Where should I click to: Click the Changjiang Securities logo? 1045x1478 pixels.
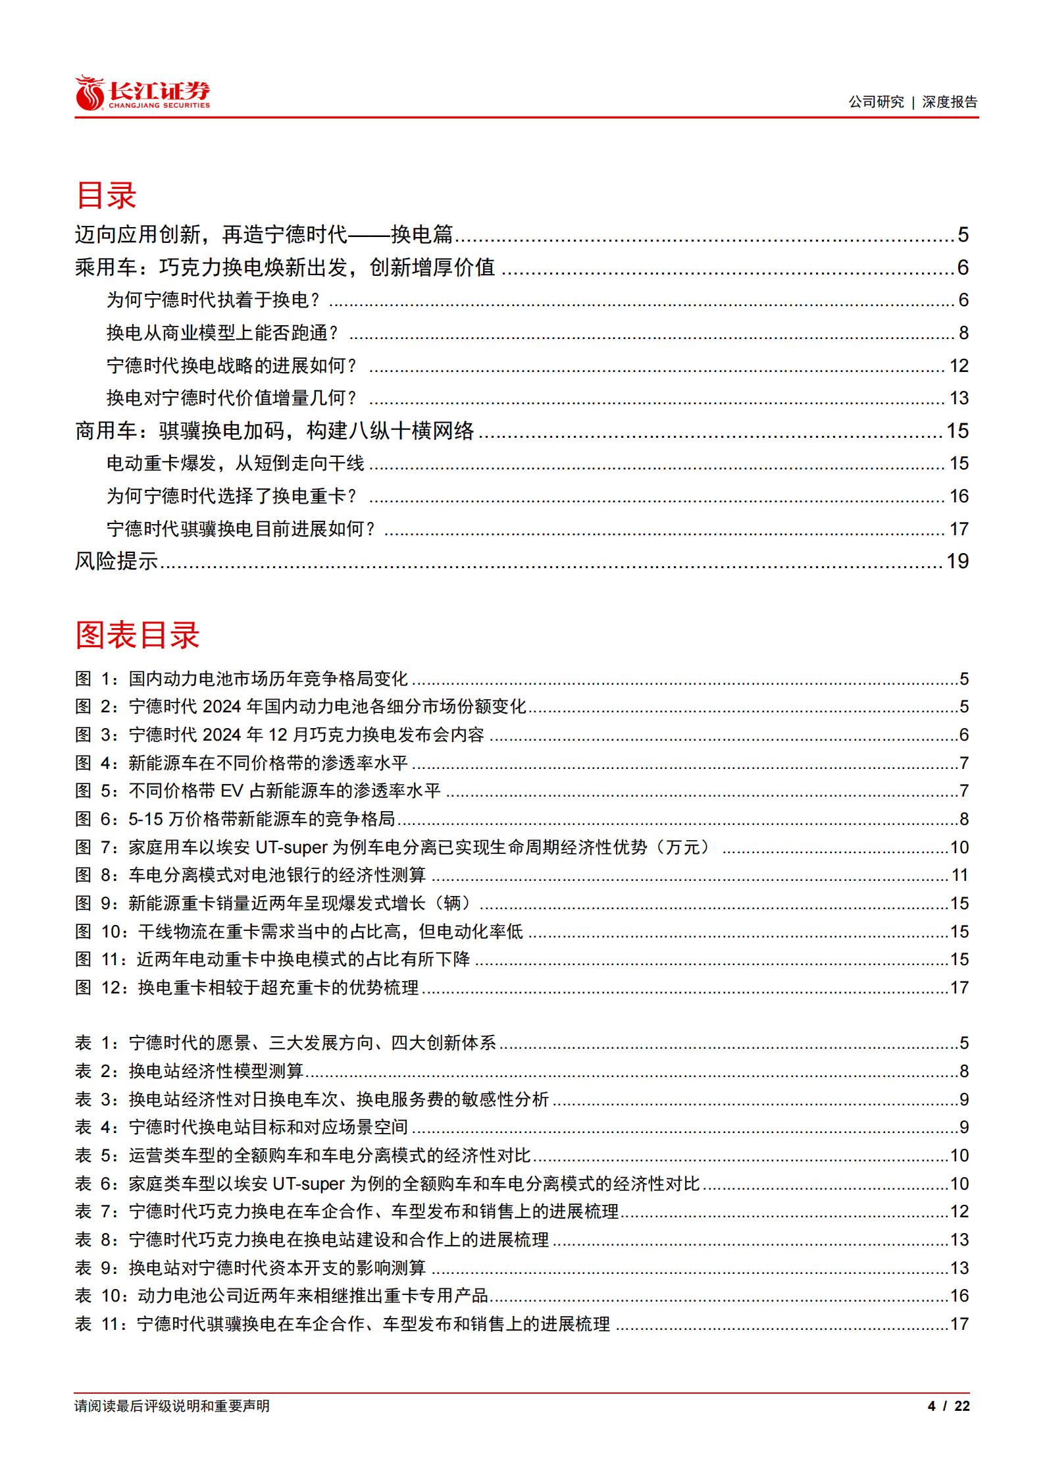142,93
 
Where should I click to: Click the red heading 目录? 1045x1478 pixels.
106,196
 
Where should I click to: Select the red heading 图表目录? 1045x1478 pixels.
137,635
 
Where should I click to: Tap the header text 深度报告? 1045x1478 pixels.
949,102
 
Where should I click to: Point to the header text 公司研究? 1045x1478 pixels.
875,102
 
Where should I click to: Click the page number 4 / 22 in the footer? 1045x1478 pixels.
948,1406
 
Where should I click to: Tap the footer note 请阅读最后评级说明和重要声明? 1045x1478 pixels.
172,1406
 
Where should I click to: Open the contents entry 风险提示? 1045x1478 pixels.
116,561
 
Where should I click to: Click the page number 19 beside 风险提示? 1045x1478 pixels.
957,561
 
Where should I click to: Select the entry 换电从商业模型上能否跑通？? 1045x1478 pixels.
222,333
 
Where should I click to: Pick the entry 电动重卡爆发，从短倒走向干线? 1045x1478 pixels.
235,463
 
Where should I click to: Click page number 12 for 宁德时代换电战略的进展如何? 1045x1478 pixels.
958,366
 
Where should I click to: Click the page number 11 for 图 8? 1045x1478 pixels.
959,875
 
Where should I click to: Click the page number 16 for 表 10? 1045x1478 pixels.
959,1296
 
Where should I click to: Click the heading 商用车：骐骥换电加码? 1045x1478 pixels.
274,431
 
